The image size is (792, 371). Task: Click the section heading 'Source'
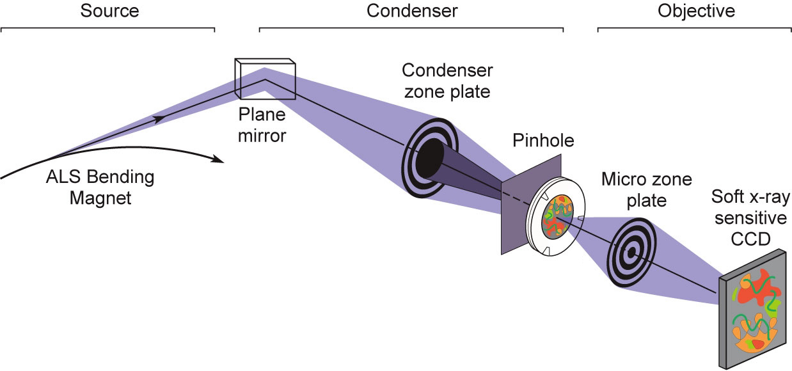pos(110,11)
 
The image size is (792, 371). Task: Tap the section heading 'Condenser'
pos(412,11)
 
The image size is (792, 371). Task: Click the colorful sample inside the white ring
pos(556,217)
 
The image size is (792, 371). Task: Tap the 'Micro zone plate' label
pos(646,189)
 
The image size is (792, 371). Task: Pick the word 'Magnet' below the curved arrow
pos(100,198)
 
